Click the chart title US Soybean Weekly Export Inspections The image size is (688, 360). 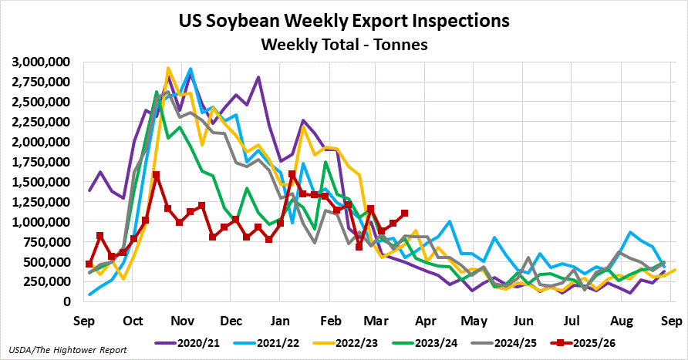[343, 20]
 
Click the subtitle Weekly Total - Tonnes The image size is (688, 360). [343, 45]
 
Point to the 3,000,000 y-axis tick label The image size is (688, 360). [41, 62]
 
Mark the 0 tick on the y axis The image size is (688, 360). [68, 302]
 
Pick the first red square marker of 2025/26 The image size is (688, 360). [89, 264]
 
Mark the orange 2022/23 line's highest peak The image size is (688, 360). [168, 69]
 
